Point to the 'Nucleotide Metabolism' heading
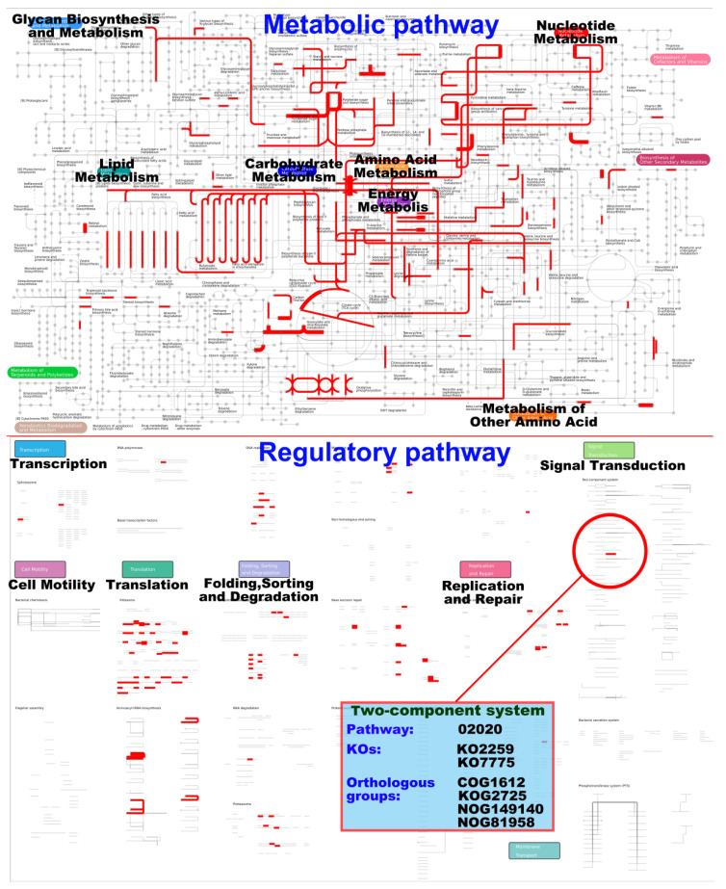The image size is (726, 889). (576, 32)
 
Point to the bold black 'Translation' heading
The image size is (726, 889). (146, 585)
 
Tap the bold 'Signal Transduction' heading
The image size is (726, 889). (612, 466)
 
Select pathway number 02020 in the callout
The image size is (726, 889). (479, 729)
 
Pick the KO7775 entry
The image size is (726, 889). (486, 762)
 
